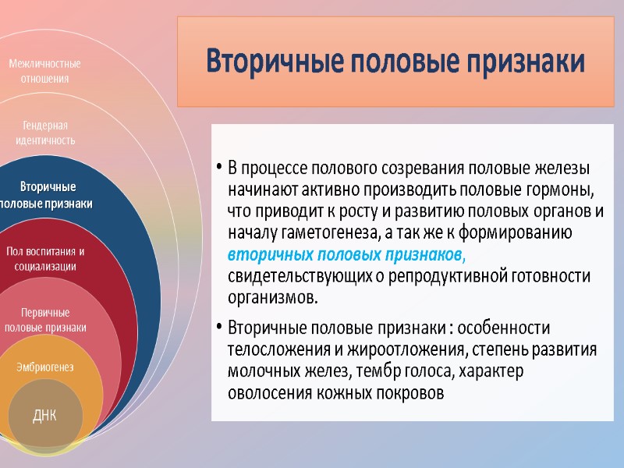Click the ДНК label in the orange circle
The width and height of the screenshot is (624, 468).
(x=44, y=411)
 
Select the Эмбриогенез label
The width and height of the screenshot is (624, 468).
(x=44, y=367)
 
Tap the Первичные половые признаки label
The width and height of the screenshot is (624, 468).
(x=45, y=320)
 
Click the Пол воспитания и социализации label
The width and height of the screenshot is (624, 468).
(x=45, y=259)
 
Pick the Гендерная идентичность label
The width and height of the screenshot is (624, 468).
(x=45, y=133)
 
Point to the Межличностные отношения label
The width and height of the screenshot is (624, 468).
(x=44, y=71)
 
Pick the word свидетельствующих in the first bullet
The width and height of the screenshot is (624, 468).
(x=289, y=277)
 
